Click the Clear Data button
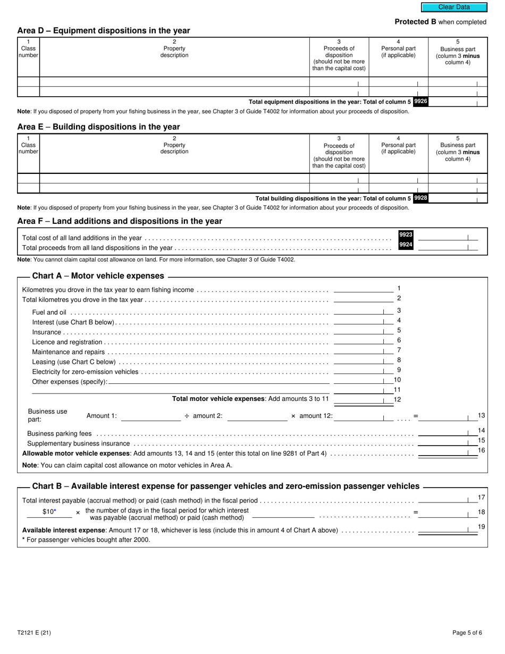tap(454, 7)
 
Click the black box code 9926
tap(420, 101)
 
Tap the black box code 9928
tap(420, 198)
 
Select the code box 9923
tap(406, 234)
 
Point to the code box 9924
tap(406, 245)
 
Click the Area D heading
tap(103, 31)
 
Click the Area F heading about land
tap(120, 221)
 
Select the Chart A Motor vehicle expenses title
tap(98, 276)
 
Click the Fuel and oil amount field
tap(359, 311)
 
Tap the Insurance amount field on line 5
tap(359, 331)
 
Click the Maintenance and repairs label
tap(69, 352)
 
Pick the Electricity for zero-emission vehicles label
tap(85, 372)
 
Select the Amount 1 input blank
tap(151, 417)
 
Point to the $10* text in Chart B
tap(49, 512)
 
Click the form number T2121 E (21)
tap(34, 633)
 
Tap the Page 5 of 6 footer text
tap(467, 633)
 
